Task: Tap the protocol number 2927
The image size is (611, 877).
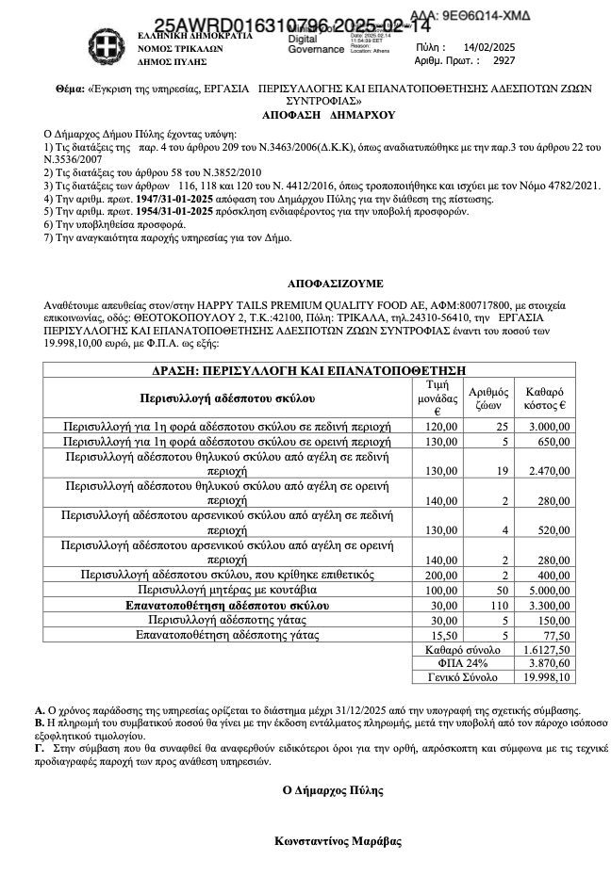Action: pos(504,59)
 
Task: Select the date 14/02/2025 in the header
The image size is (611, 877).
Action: pos(490,46)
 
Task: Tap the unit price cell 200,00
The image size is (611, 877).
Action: pos(440,575)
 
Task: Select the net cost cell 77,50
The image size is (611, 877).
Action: pos(553,636)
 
